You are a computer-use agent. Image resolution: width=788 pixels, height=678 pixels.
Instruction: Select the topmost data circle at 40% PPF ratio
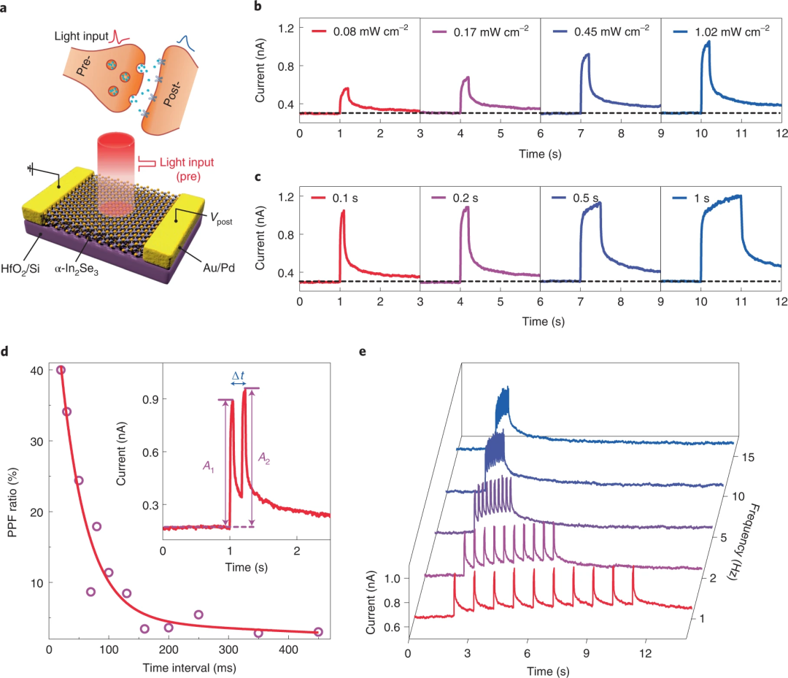(61, 370)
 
